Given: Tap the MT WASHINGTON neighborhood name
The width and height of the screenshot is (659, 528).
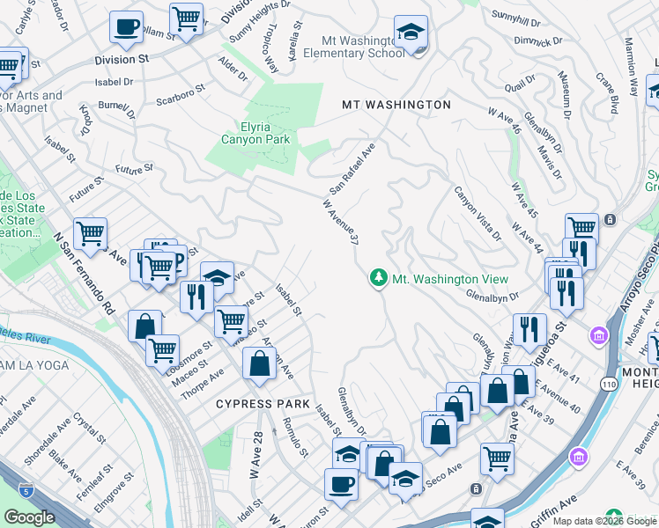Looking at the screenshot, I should tap(396, 105).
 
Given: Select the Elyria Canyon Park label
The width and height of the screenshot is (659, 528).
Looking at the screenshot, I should tap(253, 133).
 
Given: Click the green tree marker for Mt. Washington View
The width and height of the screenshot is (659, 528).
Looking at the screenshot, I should tap(379, 278).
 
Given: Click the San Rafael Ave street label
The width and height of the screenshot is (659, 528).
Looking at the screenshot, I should tap(352, 169).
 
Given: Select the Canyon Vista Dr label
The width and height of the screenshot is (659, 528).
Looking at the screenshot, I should tap(478, 213).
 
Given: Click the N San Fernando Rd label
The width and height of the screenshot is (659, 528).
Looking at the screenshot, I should tap(85, 274).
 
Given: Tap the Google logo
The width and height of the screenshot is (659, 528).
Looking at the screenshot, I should tap(30, 517).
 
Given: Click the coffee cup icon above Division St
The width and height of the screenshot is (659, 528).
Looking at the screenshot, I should tap(126, 26).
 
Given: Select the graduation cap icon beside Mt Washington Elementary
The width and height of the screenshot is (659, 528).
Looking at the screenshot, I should tap(411, 33).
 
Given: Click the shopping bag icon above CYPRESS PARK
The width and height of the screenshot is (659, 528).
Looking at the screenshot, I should tap(259, 363).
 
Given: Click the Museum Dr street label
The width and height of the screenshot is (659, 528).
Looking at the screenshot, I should tap(564, 92).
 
